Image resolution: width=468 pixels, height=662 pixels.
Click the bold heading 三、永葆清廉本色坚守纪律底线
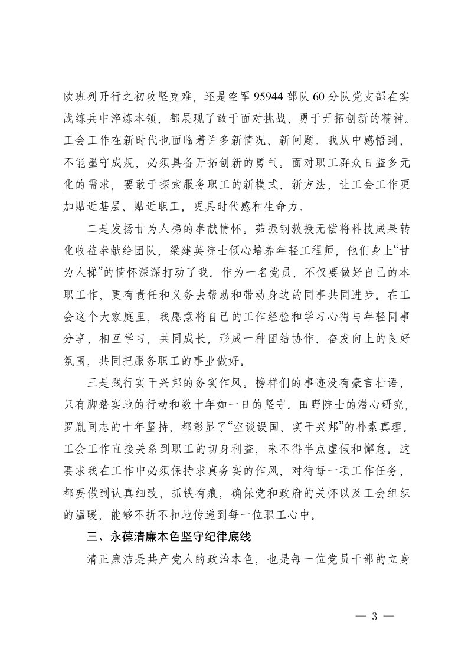pos(178,538)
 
